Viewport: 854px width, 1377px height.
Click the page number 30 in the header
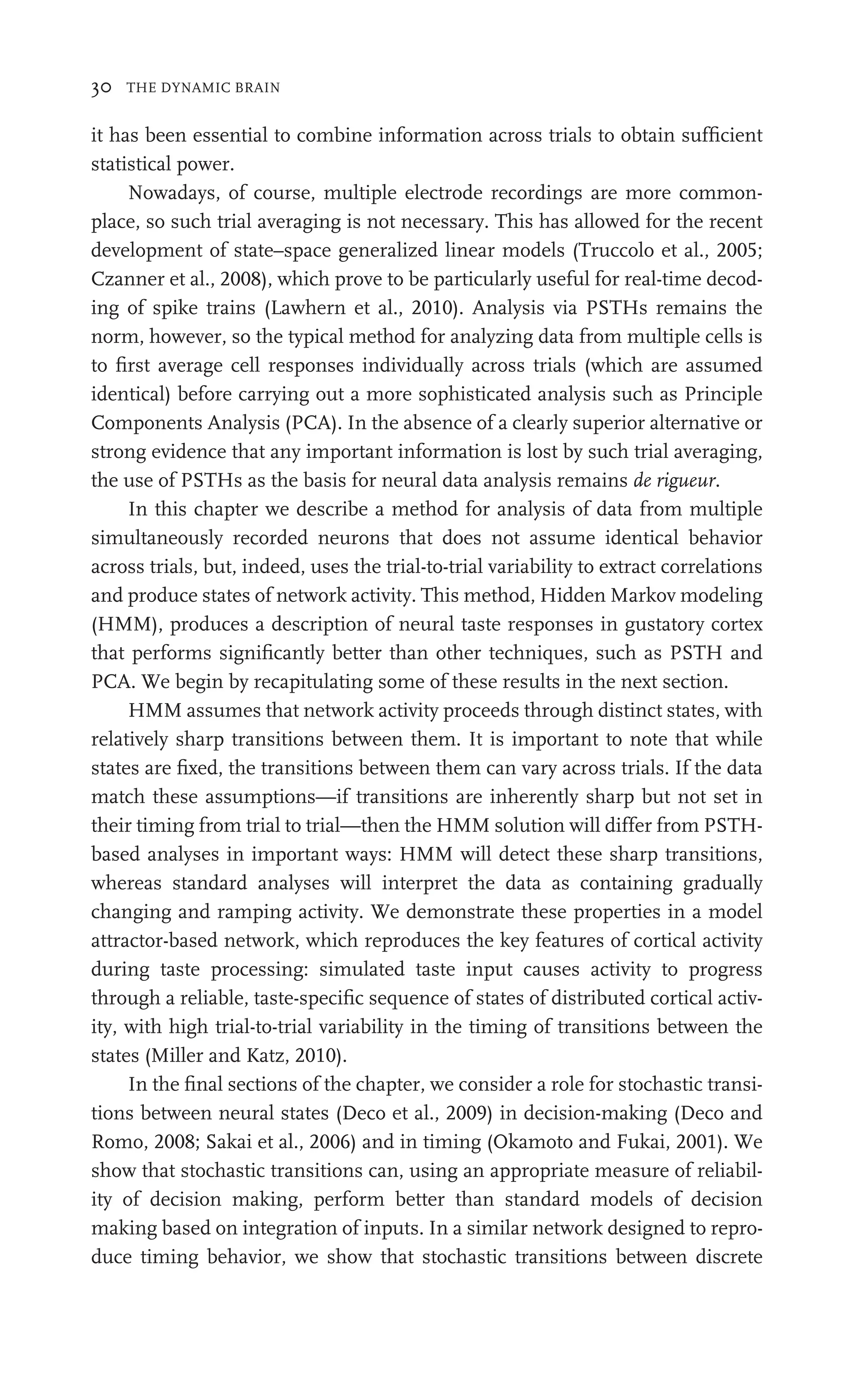point(102,88)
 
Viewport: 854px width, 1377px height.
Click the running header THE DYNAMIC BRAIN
point(203,88)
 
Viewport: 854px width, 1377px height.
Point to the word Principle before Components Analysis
point(723,394)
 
